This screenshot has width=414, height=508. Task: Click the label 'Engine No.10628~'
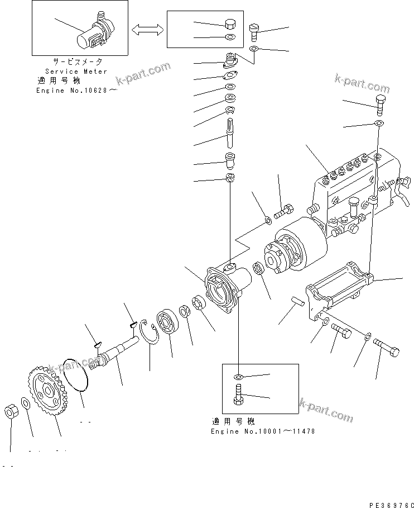point(77,90)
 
